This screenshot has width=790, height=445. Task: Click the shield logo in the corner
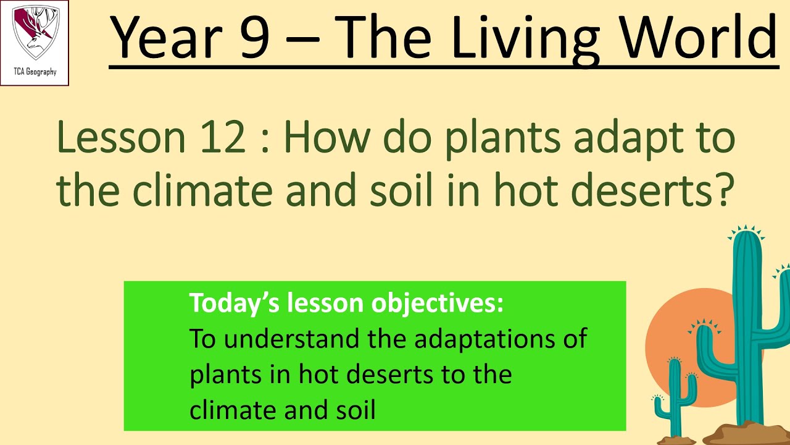click(35, 33)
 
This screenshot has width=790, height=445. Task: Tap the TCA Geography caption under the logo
click(35, 72)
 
